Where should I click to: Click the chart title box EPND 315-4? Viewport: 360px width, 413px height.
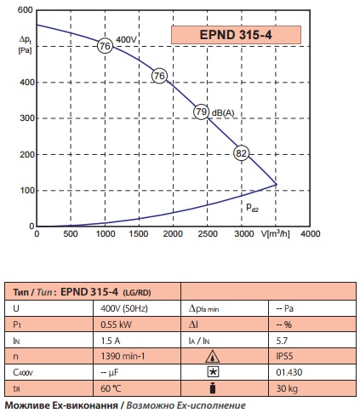[x=236, y=35]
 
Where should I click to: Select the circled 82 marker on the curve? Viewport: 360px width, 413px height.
[x=242, y=153]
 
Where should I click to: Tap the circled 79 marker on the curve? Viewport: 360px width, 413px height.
[x=202, y=112]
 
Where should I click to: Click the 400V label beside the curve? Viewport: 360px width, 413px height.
[x=126, y=40]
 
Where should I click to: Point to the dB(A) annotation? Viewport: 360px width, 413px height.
[x=223, y=113]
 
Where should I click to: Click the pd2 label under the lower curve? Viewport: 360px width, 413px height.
[x=252, y=208]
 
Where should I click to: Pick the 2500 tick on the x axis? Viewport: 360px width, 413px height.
[x=208, y=233]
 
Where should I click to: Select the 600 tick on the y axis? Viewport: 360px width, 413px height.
[x=25, y=10]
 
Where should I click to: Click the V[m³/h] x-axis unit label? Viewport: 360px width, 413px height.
[x=276, y=233]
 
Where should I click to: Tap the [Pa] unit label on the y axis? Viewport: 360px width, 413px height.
[x=25, y=50]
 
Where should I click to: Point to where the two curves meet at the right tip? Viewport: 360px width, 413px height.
[x=277, y=185]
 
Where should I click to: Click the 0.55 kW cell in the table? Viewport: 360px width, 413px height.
[x=117, y=324]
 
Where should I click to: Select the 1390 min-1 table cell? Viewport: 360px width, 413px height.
[x=123, y=356]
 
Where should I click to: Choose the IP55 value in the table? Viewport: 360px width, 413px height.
[x=284, y=356]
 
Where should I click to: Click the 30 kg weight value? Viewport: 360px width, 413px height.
[x=287, y=388]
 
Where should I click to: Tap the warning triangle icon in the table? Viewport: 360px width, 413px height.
[x=212, y=357]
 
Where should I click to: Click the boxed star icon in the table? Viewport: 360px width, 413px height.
[x=213, y=372]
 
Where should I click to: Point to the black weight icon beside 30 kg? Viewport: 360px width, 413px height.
[x=213, y=388]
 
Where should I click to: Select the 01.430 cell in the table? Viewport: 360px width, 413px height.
[x=289, y=372]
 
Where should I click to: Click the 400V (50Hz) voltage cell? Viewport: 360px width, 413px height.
[x=124, y=308]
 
